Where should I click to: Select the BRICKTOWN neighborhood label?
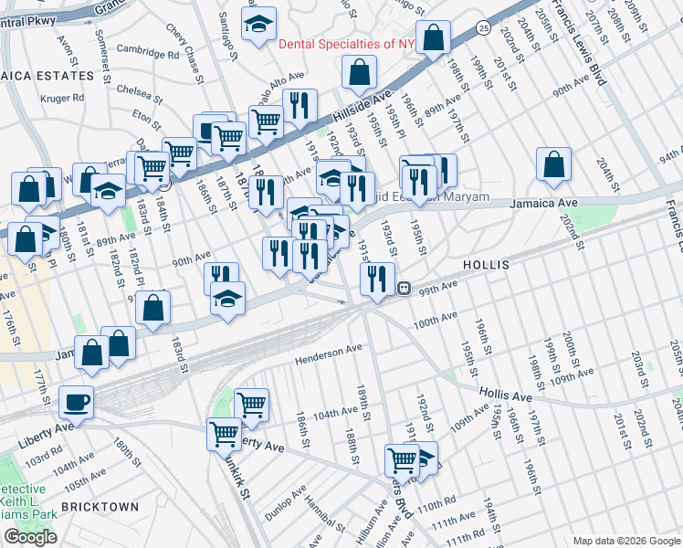pyautogui.click(x=100, y=506)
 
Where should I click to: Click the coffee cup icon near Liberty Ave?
pyautogui.click(x=76, y=402)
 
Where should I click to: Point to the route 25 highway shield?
pyautogui.click(x=482, y=29)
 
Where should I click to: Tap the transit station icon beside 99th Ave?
pyautogui.click(x=403, y=288)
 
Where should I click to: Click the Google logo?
pyautogui.click(x=30, y=537)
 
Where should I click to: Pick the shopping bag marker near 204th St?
pyautogui.click(x=553, y=165)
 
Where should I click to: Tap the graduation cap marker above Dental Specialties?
pyautogui.click(x=258, y=25)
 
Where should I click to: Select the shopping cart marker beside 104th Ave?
pyautogui.click(x=251, y=405)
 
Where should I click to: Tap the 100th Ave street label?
pyautogui.click(x=435, y=320)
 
